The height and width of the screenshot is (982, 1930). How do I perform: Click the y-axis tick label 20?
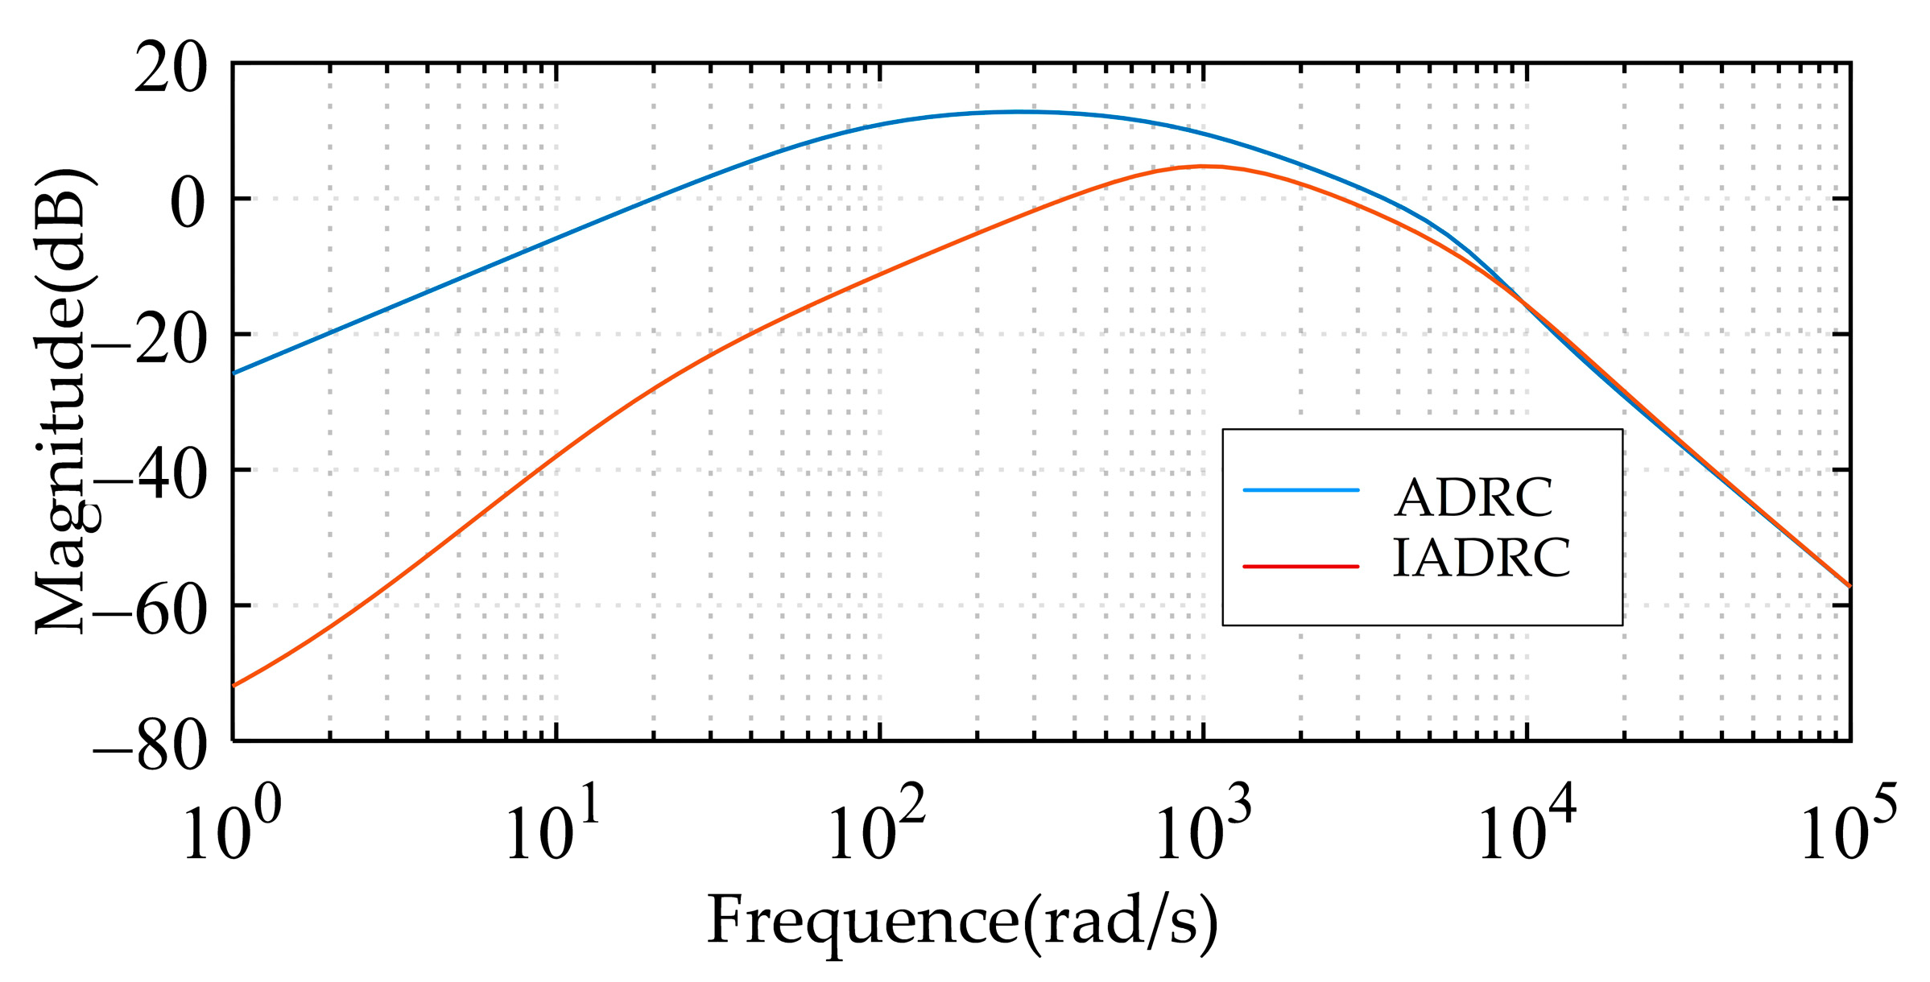point(170,69)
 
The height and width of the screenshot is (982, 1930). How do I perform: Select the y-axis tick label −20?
point(150,340)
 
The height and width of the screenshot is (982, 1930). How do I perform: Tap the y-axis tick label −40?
point(150,476)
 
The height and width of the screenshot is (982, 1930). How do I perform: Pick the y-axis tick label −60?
point(150,611)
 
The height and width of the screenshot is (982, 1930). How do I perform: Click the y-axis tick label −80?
point(150,748)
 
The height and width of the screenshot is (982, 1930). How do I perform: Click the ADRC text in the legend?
point(1473,498)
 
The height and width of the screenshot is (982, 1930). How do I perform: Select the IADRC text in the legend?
point(1482,559)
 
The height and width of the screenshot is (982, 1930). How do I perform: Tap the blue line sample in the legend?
point(1301,490)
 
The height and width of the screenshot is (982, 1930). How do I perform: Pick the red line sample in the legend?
point(1301,567)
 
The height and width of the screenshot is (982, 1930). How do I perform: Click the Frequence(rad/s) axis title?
point(962,922)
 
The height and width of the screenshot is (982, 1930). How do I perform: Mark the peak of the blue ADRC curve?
point(1019,112)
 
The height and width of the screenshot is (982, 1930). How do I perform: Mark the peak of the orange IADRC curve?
point(1202,167)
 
